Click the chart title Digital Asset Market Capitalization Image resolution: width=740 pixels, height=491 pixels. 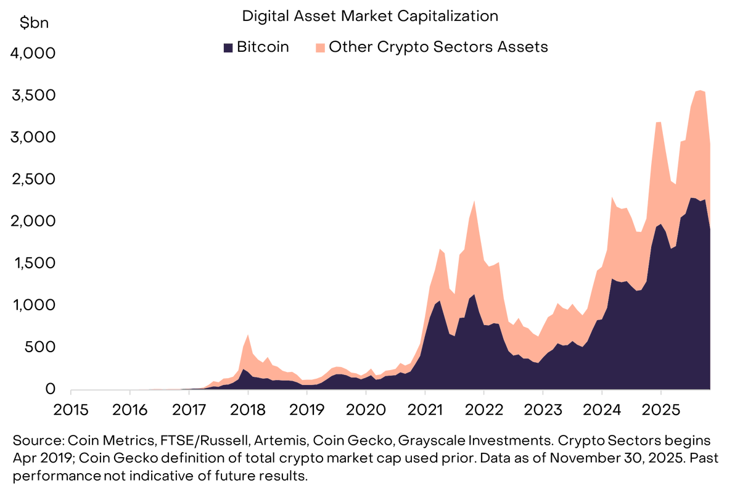369,16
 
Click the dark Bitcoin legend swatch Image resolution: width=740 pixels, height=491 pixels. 228,47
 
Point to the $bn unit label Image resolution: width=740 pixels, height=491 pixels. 34,23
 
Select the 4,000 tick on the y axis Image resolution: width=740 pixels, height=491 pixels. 33,54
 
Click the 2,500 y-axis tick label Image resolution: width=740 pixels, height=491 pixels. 33,179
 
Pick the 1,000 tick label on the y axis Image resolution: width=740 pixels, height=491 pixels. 33,305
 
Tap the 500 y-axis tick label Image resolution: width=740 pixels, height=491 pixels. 40,347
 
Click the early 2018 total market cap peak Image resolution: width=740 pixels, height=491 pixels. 248,335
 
